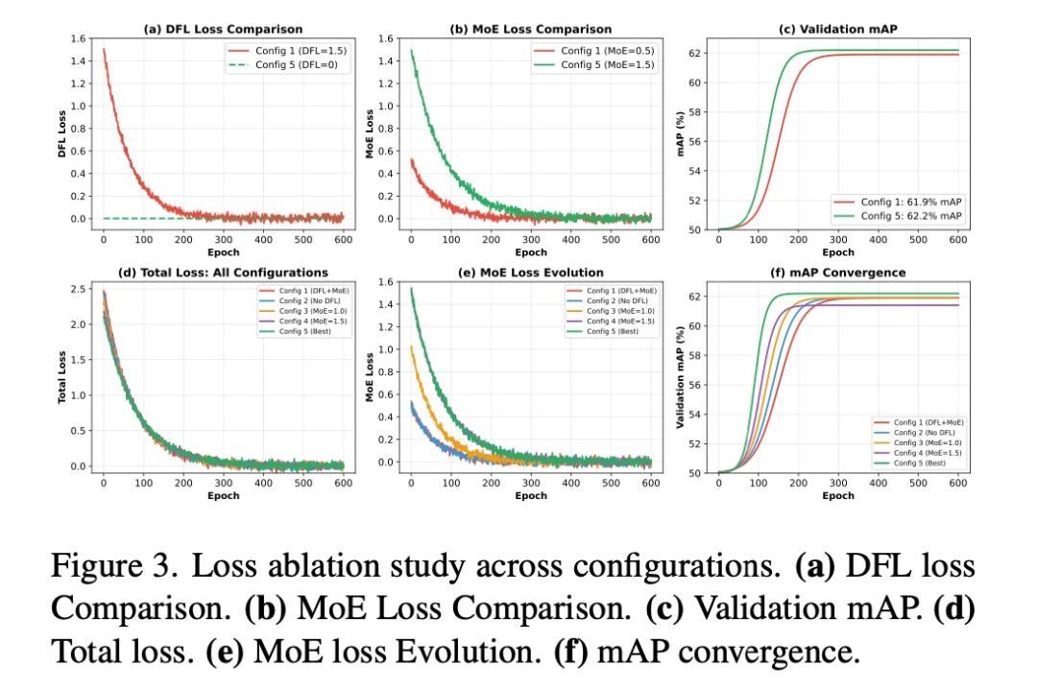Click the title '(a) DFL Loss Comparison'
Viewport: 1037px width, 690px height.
pos(223,30)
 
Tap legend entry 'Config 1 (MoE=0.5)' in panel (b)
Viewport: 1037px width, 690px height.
pos(603,51)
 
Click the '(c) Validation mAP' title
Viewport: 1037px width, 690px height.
pos(838,30)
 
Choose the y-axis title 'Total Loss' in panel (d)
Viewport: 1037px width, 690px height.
pos(62,377)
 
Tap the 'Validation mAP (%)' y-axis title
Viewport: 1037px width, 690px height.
pos(681,377)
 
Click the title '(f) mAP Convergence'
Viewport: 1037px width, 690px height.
pos(838,273)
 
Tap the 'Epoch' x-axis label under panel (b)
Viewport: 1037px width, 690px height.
pos(531,252)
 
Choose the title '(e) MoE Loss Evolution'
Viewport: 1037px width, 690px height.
pos(531,273)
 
